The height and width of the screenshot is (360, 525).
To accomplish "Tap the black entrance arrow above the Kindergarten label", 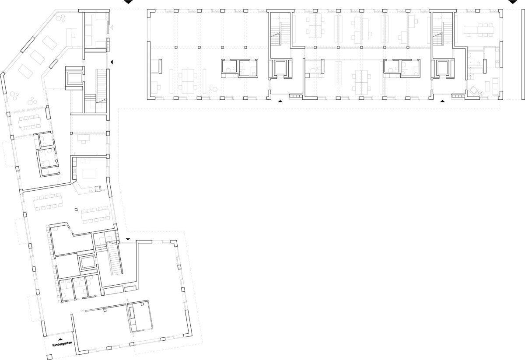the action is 60,339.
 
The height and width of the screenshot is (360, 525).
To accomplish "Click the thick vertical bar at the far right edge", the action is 522,54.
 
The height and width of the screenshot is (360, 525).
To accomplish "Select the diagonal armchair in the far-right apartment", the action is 473,90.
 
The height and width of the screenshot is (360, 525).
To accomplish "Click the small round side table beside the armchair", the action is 481,93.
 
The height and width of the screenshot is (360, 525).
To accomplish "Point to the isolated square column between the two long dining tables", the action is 76,210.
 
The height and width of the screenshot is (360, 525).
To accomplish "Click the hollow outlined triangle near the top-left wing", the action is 112,28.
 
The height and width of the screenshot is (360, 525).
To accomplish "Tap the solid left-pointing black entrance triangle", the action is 112,62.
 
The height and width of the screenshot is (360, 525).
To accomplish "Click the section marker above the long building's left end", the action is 128,2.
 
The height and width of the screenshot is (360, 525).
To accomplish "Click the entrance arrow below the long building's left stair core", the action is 280,101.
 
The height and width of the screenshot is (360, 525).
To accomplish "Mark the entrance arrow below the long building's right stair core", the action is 442,101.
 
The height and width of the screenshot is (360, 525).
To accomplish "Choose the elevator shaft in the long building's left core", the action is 280,68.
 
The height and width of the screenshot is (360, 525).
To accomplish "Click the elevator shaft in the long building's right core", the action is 442,68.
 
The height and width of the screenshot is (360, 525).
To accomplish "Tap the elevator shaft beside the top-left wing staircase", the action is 74,78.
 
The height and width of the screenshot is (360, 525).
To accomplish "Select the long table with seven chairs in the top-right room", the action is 479,30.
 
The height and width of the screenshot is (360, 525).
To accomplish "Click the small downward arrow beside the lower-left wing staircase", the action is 128,239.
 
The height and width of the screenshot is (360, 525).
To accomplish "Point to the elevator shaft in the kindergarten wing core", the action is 87,262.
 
